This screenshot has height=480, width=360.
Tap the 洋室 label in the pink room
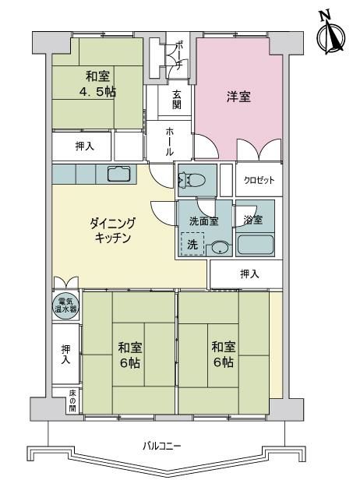coord(238,97)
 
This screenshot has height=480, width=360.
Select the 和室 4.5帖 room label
coord(97,83)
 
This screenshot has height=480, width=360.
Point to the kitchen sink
coord(118,175)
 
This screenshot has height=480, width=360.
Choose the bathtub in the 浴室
coord(255,245)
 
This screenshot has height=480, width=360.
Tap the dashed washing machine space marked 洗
coord(192,244)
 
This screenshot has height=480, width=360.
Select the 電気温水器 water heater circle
coord(65,305)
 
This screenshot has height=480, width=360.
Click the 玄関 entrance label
coord(177,99)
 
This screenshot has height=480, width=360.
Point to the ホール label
coord(169,142)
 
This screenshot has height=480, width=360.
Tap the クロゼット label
coord(259,180)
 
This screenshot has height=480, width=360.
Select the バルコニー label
coord(161,446)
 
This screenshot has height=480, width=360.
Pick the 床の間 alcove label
coord(72,401)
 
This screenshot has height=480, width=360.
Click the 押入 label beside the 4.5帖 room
coord(84,146)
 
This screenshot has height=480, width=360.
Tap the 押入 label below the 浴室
coord(249,274)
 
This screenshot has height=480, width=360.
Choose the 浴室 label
coord(252,220)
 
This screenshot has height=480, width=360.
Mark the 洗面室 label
coord(203,221)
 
